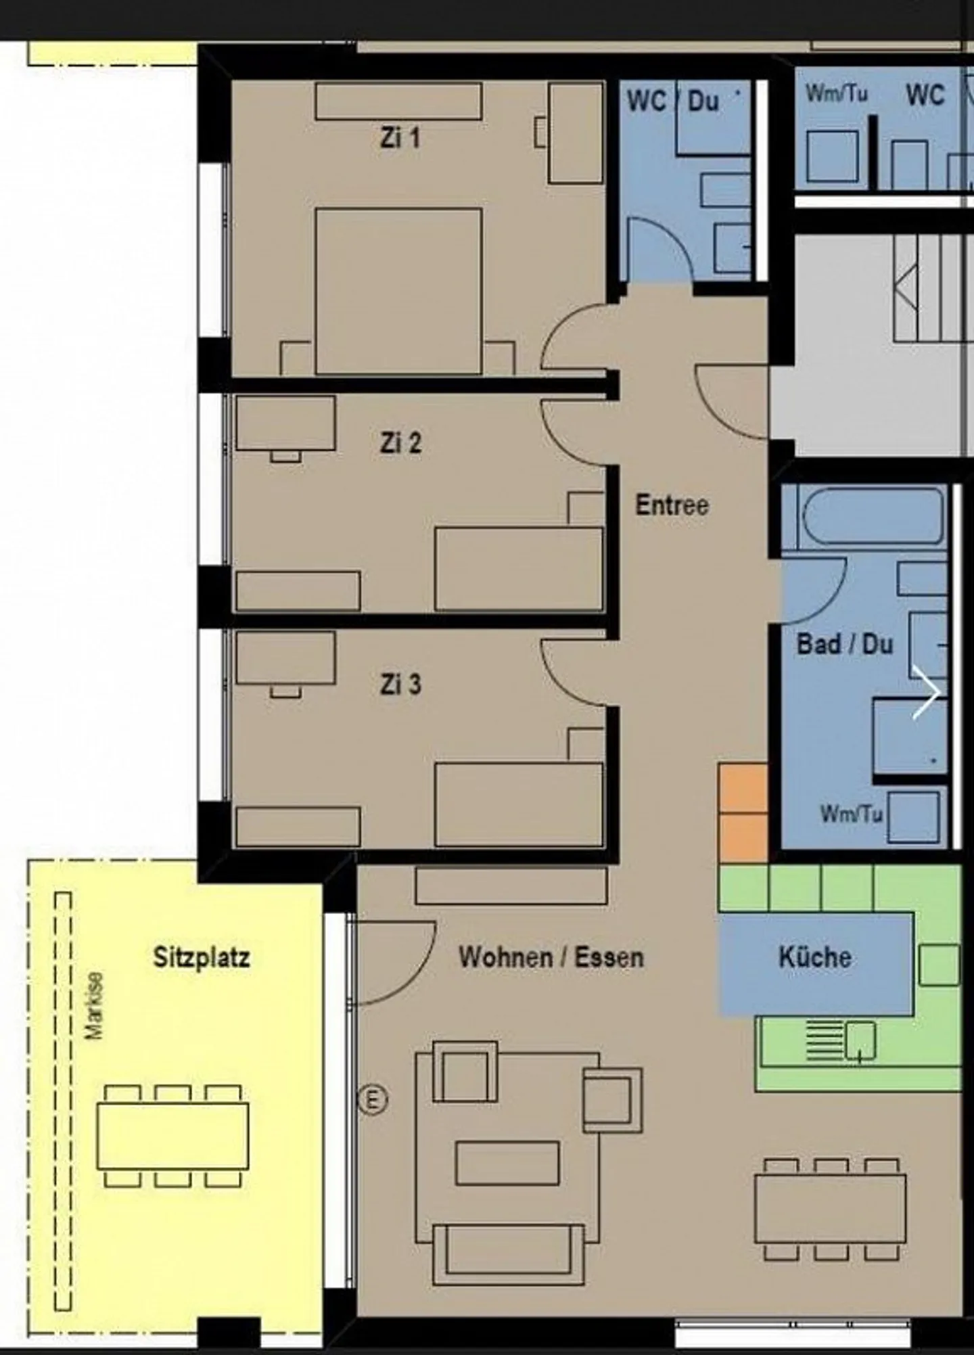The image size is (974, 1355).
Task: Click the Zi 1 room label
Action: (400, 138)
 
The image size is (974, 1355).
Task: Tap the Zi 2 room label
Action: (400, 443)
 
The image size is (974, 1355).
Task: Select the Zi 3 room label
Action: (400, 684)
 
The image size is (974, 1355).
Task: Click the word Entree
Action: (672, 505)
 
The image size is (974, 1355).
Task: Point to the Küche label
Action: (814, 957)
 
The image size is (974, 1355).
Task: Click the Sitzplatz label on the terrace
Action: (202, 957)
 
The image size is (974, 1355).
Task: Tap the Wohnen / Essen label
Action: (551, 957)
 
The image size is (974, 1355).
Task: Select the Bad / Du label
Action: (845, 643)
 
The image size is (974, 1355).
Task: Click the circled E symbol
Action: (373, 1099)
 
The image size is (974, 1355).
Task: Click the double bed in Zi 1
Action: (398, 291)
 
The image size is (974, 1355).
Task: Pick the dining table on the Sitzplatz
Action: (172, 1136)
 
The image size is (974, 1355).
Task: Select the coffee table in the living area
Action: (507, 1164)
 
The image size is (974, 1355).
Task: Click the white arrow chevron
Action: (926, 692)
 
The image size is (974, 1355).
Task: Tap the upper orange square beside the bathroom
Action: (743, 788)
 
